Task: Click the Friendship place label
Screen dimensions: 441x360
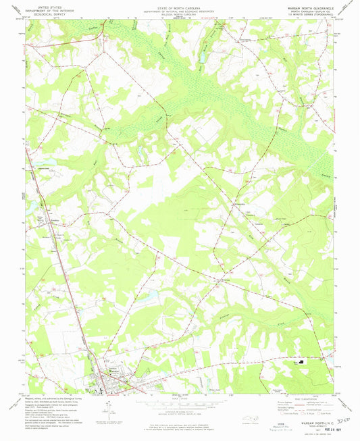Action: click(x=240, y=201)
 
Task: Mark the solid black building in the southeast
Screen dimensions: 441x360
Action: click(x=302, y=361)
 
